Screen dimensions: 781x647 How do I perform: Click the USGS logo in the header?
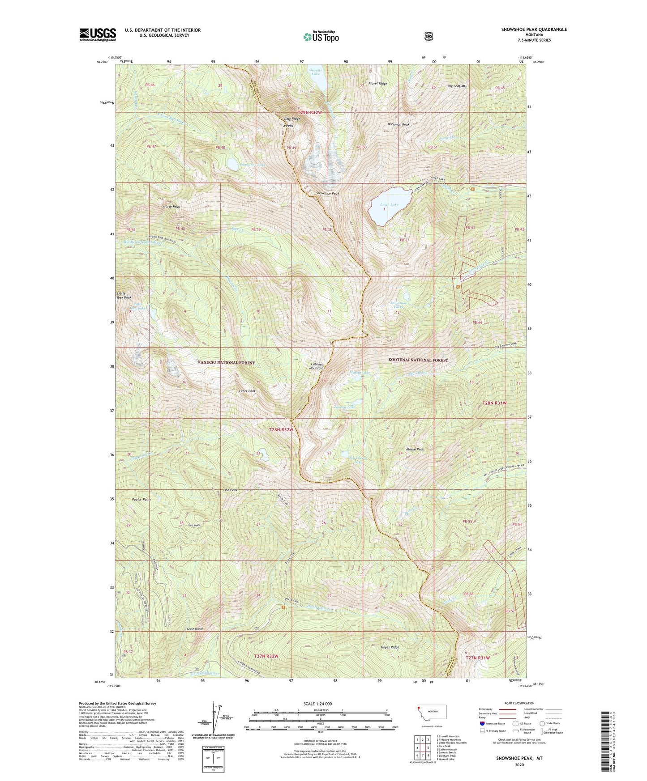[x=98, y=34]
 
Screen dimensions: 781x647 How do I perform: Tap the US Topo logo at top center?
[x=320, y=37]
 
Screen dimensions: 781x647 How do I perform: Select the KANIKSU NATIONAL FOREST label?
[x=226, y=362]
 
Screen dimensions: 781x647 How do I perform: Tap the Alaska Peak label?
[x=415, y=449]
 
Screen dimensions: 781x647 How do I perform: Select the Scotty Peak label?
[x=171, y=207]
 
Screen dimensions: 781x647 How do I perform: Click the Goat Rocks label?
[x=195, y=629]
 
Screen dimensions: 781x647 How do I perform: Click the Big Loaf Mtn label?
[x=458, y=86]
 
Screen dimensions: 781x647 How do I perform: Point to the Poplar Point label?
[x=141, y=499]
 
